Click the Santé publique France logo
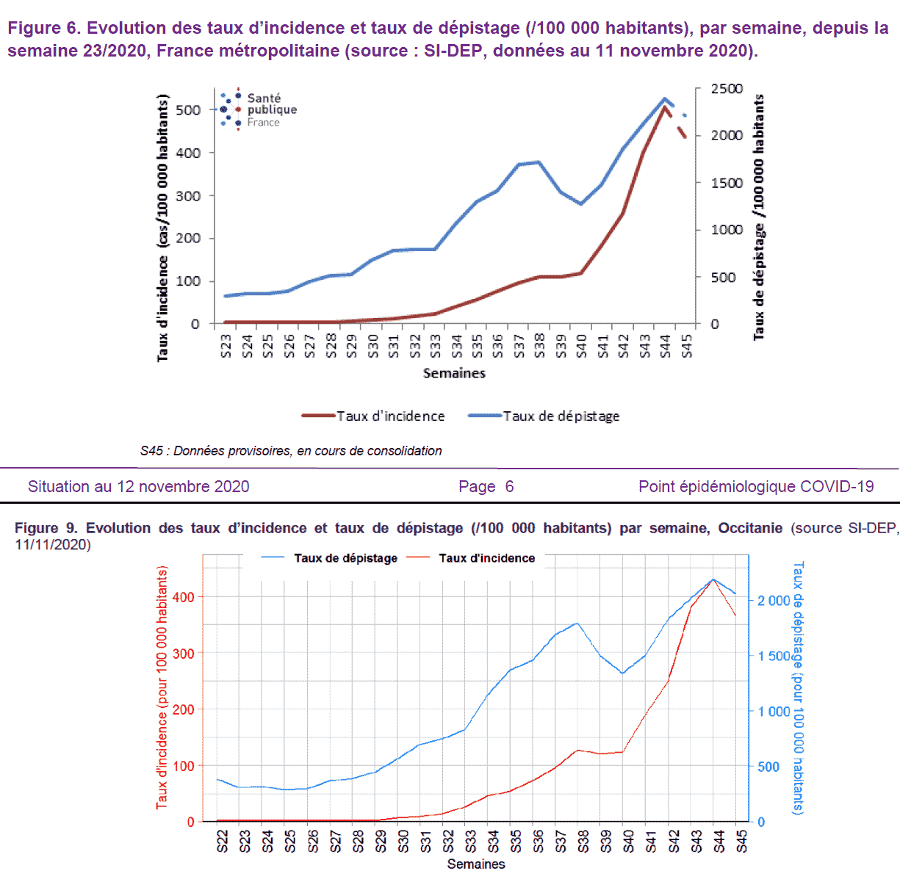click(257, 109)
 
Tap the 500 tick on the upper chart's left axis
click(188, 110)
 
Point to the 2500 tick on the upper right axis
click(727, 89)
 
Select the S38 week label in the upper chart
click(540, 345)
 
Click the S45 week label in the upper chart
click(687, 345)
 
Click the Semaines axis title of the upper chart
click(454, 373)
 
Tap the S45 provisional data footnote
click(291, 451)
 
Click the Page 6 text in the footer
click(486, 486)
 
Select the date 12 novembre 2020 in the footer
click(185, 486)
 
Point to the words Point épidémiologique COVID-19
click(756, 486)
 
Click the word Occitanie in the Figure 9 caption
click(750, 528)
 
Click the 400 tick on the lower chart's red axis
click(183, 597)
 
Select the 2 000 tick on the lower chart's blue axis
click(774, 601)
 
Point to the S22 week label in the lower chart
click(223, 841)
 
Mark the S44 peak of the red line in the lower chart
click(713, 579)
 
